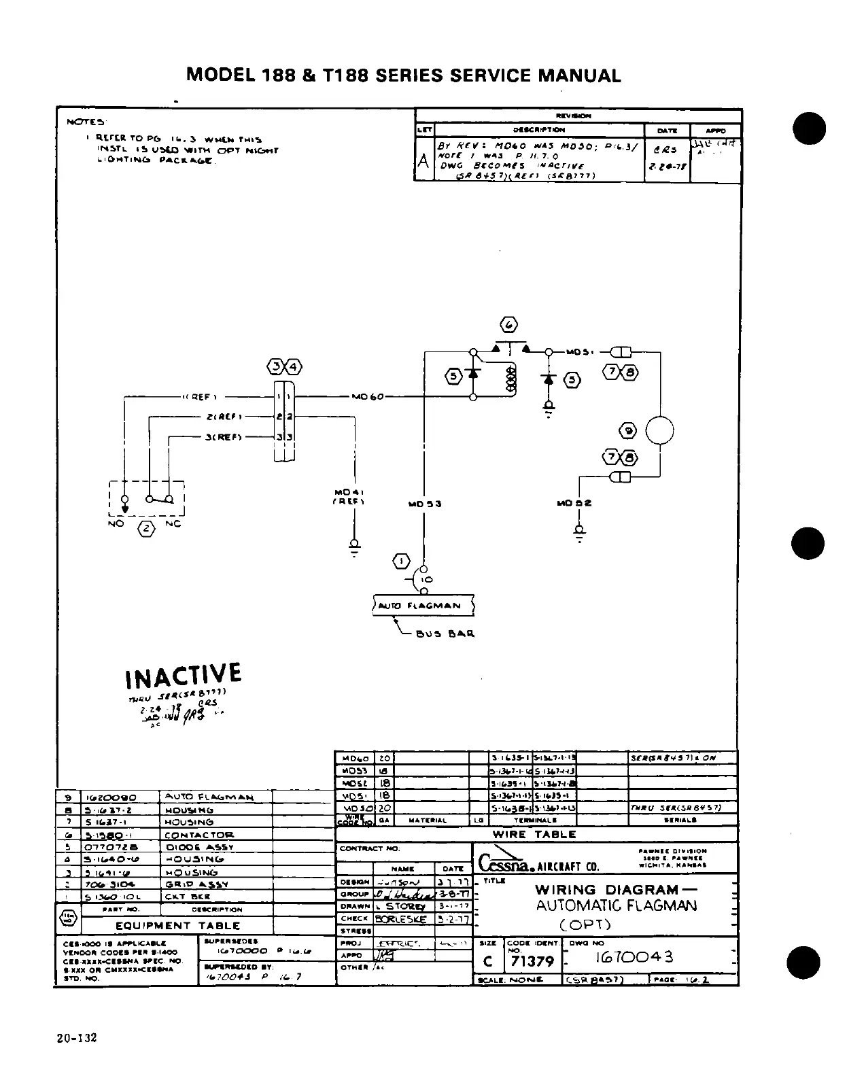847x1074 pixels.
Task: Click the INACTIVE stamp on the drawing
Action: click(183, 675)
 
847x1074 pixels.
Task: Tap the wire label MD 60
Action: click(368, 396)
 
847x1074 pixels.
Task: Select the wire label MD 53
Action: click(425, 504)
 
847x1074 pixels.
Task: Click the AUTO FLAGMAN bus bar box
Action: click(423, 605)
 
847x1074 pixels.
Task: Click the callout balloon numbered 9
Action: click(627, 430)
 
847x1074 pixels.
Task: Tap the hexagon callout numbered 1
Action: click(402, 561)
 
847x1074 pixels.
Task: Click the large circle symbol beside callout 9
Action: click(659, 430)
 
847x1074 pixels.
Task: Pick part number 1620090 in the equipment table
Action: click(111, 797)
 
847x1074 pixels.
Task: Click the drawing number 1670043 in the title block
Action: click(635, 957)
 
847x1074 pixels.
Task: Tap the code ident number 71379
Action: click(532, 962)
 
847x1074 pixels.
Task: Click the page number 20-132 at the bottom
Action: click(77, 1038)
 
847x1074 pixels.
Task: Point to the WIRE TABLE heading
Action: click(534, 834)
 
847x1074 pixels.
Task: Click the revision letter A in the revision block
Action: click(423, 162)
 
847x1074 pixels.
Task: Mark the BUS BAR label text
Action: click(445, 634)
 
